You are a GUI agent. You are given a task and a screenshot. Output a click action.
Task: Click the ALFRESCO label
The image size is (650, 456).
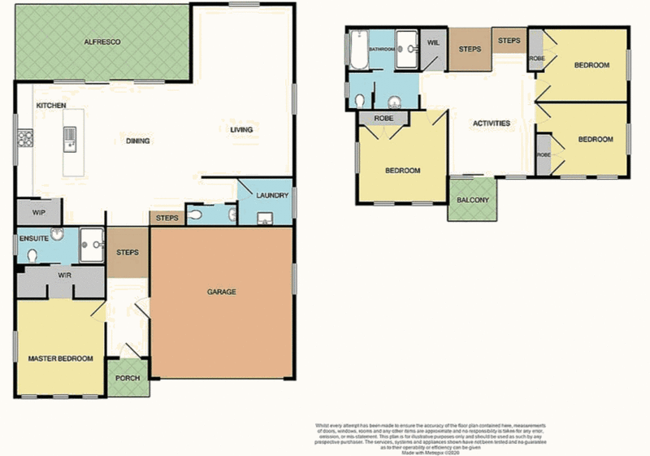tap(102, 41)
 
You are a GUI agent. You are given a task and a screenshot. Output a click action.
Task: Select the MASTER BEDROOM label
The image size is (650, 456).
tap(60, 358)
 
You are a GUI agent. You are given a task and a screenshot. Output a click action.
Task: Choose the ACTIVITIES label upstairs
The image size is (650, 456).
tap(492, 124)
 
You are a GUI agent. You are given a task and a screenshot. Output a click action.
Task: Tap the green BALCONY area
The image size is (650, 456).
tap(472, 200)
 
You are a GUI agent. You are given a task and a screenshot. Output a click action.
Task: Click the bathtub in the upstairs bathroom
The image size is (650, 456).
tap(357, 49)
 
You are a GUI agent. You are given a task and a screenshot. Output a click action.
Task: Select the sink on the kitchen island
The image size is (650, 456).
tap(71, 137)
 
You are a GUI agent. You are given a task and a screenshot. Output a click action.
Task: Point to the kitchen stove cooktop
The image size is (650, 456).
tap(24, 139)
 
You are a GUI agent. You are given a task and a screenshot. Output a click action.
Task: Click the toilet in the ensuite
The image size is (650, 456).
tap(32, 254)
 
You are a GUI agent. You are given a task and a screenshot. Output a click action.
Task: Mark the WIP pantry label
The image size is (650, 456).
tap(38, 213)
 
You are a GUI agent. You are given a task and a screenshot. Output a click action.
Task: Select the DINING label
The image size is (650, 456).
tap(137, 141)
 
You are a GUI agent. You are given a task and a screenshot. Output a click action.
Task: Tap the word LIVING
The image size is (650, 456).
tap(241, 130)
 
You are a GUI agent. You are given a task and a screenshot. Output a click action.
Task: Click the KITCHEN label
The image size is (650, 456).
tap(50, 106)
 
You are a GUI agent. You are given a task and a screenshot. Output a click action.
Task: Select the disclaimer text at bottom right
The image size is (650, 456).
tap(430, 437)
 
